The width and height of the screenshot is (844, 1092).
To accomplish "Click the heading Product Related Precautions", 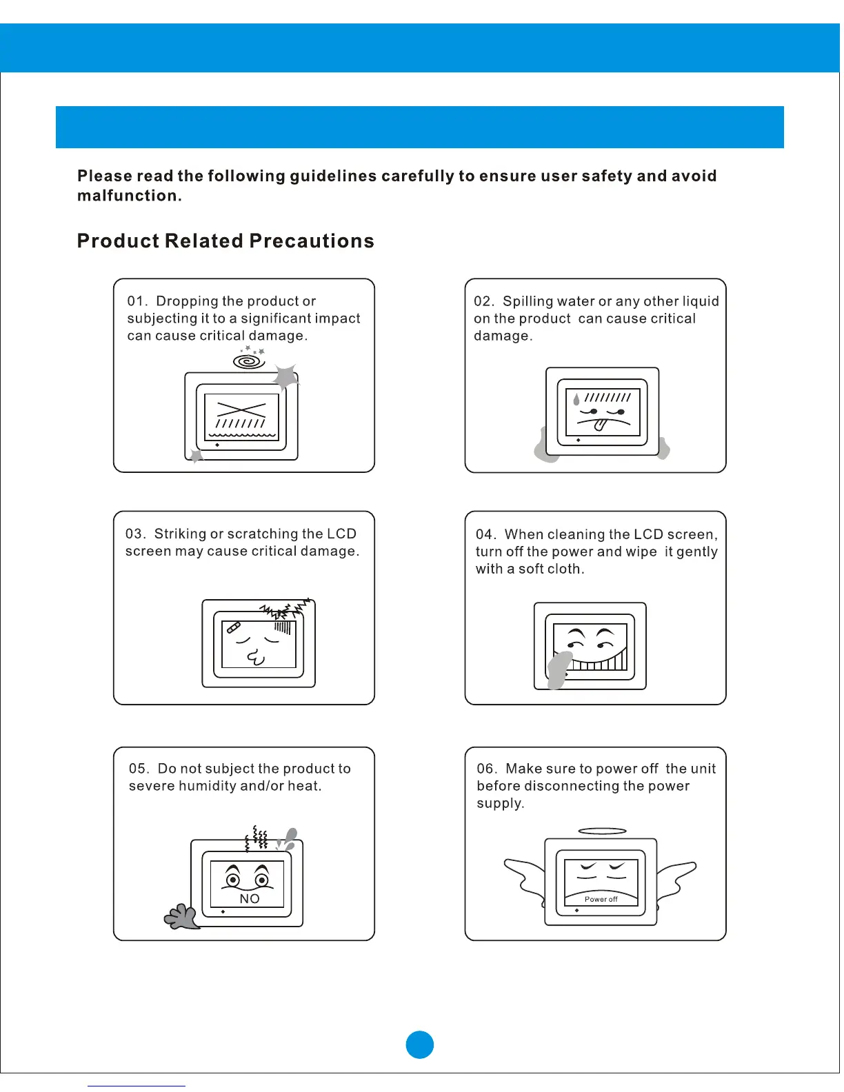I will (x=225, y=241).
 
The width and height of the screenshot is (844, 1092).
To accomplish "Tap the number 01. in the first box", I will (x=137, y=301).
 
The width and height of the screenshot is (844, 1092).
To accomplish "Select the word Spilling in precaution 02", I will (x=527, y=301).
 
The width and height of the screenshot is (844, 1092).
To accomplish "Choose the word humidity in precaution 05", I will (x=207, y=786).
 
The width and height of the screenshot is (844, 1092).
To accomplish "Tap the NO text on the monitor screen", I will (x=250, y=899).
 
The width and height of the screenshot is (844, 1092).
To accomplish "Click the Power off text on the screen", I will (x=601, y=899).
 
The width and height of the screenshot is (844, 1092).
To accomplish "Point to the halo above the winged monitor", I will (x=602, y=831).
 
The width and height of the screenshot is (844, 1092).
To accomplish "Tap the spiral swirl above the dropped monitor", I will (x=249, y=361).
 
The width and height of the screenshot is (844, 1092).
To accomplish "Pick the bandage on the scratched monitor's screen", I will (x=233, y=628).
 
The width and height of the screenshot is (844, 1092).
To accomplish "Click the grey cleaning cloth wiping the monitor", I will (x=559, y=669).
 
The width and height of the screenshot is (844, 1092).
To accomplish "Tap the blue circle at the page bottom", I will (x=420, y=1044).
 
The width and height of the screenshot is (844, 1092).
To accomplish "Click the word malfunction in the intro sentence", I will (x=128, y=196).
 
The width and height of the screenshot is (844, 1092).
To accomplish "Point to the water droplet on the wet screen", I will (x=576, y=399).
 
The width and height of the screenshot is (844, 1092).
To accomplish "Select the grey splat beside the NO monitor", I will (x=181, y=917).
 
